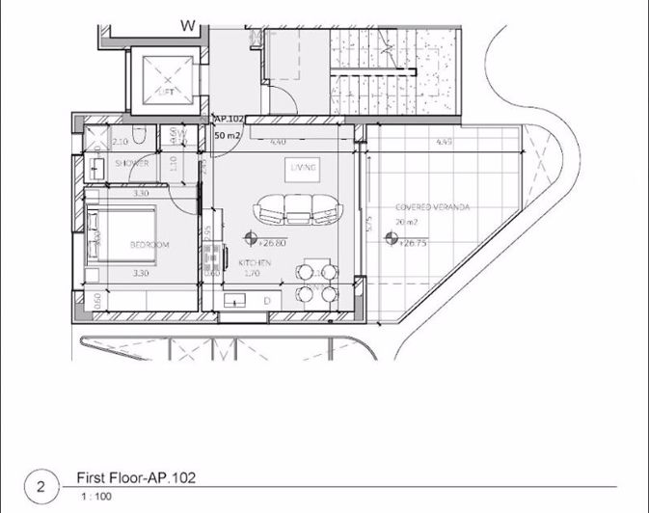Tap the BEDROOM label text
(149, 246)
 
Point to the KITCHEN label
(255, 262)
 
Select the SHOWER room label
(131, 164)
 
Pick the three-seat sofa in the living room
(296, 208)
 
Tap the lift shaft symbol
(164, 78)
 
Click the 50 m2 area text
(229, 135)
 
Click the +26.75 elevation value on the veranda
(413, 244)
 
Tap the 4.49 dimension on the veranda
(445, 143)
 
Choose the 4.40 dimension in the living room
(277, 143)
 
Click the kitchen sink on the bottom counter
(236, 301)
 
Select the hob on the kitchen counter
(209, 253)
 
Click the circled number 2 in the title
(41, 484)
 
